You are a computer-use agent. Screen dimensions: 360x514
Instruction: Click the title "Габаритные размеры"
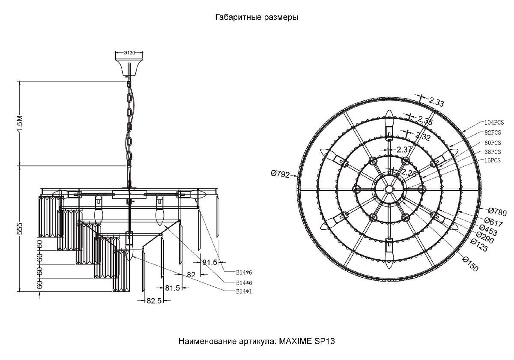point(256,18)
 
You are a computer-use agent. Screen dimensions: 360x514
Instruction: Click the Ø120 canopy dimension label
point(129,53)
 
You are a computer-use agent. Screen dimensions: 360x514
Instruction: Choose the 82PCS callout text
point(493,132)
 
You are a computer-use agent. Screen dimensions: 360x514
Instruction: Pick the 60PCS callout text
point(493,142)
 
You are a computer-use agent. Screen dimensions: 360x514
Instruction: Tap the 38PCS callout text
point(493,152)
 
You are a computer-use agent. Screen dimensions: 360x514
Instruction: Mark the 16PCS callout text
point(493,161)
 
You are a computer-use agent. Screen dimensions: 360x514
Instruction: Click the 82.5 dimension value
point(153,301)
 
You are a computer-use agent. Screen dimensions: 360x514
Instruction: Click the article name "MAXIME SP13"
point(307,342)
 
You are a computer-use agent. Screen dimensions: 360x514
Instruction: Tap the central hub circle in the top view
point(389,189)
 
